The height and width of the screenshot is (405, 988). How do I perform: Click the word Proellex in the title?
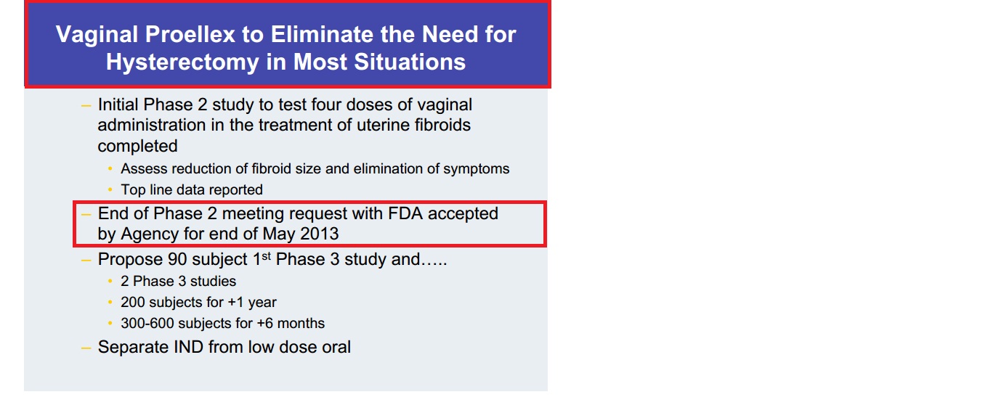pos(190,34)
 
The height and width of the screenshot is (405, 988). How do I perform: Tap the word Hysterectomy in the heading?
pos(182,62)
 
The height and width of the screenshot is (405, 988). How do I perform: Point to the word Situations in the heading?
pos(410,62)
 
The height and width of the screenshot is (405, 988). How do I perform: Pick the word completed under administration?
pos(137,147)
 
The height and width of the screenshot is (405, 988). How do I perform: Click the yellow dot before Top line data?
pos(110,190)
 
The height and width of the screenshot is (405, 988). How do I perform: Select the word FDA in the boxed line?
pos(405,213)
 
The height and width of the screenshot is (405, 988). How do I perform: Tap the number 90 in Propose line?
pos(177,260)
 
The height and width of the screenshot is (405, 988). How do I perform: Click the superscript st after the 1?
pos(266,256)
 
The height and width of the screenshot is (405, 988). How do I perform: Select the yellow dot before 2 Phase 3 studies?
pos(110,282)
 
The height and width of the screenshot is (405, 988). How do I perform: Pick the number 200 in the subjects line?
pos(132,303)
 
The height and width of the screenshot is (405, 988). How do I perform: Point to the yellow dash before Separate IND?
pos(86,348)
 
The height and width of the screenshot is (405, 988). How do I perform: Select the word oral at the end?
pos(336,347)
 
